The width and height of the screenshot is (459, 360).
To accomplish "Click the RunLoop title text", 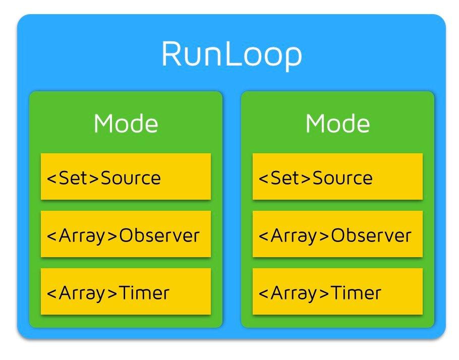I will click(232, 54).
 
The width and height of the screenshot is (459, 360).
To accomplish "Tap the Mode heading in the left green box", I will click(126, 124).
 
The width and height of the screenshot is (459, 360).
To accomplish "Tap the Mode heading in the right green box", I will click(337, 124).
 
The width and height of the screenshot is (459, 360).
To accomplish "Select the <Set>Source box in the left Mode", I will click(126, 177).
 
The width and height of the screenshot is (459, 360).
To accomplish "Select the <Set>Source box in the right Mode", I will click(337, 177).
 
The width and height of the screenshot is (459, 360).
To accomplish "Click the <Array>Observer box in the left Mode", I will click(126, 235).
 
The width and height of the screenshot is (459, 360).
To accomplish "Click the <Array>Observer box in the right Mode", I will click(337, 235).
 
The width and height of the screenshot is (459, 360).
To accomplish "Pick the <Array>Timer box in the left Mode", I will click(126, 292).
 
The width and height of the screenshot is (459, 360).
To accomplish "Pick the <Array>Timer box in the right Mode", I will click(337, 292).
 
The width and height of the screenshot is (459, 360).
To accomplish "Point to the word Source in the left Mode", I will click(131, 177).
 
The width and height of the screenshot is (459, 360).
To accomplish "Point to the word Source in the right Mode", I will click(342, 177).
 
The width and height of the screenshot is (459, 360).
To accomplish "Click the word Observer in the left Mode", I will click(159, 235).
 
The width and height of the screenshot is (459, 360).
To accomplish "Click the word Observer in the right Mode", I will click(371, 235).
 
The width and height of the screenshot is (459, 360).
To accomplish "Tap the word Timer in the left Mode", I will click(144, 292).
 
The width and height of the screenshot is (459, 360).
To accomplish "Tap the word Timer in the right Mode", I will click(356, 292).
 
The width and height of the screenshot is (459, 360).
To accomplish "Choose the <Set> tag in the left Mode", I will click(73, 177).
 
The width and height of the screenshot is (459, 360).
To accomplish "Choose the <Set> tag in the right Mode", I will click(285, 177).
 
